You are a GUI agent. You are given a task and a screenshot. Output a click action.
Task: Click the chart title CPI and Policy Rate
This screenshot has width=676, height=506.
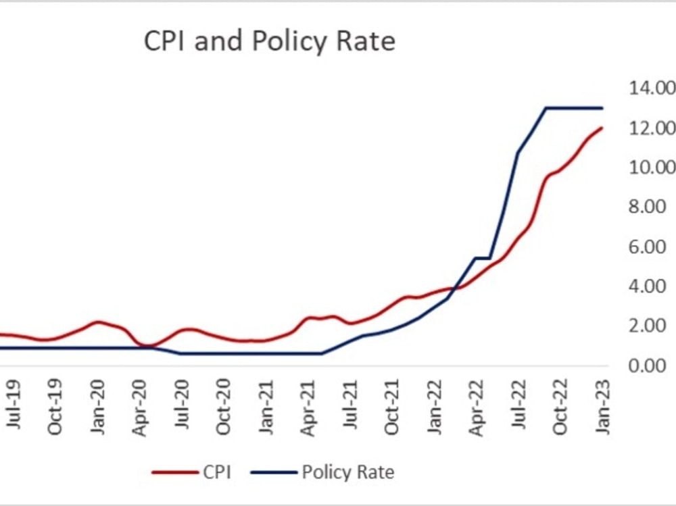[x=269, y=41]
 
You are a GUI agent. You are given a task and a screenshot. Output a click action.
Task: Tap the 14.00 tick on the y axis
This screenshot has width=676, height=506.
[x=652, y=88]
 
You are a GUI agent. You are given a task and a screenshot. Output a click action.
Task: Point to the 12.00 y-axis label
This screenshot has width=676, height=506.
[x=652, y=128]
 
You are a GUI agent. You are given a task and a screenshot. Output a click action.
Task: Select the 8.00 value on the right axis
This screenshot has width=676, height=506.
[x=652, y=207]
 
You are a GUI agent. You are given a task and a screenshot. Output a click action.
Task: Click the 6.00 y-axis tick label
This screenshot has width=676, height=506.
[x=652, y=247]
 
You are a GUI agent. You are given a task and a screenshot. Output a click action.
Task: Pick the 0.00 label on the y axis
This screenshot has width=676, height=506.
[x=652, y=365]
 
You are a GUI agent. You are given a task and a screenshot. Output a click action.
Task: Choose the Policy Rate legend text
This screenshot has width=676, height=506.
[x=347, y=472]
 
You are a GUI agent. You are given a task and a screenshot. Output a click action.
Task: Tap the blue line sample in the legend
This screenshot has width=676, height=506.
[x=274, y=472]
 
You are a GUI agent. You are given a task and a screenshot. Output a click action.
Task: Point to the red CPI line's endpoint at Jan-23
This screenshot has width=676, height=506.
[x=602, y=128]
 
